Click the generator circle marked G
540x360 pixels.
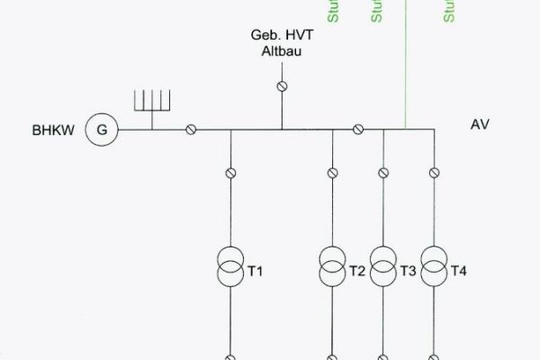tap(102, 130)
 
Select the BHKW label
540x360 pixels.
tap(50, 130)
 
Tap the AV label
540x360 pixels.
tap(480, 124)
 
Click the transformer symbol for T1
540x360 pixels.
tap(230, 267)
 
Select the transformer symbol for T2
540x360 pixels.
tap(333, 267)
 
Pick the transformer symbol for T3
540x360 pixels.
tap(383, 267)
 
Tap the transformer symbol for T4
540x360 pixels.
tap(435, 267)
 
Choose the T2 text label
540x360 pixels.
tap(357, 271)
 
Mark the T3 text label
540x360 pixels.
tap(408, 271)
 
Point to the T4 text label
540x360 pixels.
tap(459, 271)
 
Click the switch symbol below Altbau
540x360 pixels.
tap(282, 86)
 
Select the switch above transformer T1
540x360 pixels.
tap(230, 172)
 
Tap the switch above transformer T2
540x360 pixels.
tap(333, 172)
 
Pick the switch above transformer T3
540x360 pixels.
tap(383, 172)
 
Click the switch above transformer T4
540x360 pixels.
tap(435, 172)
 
